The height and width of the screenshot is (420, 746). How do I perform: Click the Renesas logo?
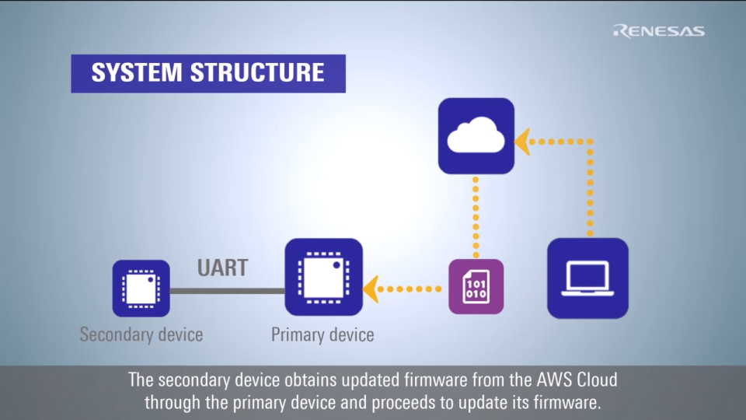pyautogui.click(x=659, y=31)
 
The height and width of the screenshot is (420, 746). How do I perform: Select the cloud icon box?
pyautogui.click(x=476, y=135)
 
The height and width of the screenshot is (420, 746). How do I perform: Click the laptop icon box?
pyautogui.click(x=587, y=278)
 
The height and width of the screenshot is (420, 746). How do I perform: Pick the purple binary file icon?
pyautogui.click(x=476, y=286)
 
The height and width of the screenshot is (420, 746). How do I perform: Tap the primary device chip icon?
pyautogui.click(x=324, y=277)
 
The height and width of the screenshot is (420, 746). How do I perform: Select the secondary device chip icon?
pyautogui.click(x=141, y=288)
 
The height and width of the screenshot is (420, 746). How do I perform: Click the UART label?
pyautogui.click(x=222, y=268)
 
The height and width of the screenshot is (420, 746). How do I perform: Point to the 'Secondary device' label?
pyautogui.click(x=141, y=334)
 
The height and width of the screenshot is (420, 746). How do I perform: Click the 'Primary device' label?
pyautogui.click(x=322, y=335)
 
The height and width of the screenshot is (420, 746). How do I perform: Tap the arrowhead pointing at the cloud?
pyautogui.click(x=522, y=142)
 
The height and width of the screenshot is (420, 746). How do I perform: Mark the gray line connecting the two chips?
pyautogui.click(x=227, y=291)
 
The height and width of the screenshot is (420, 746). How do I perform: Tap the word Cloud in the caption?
pyautogui.click(x=595, y=381)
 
